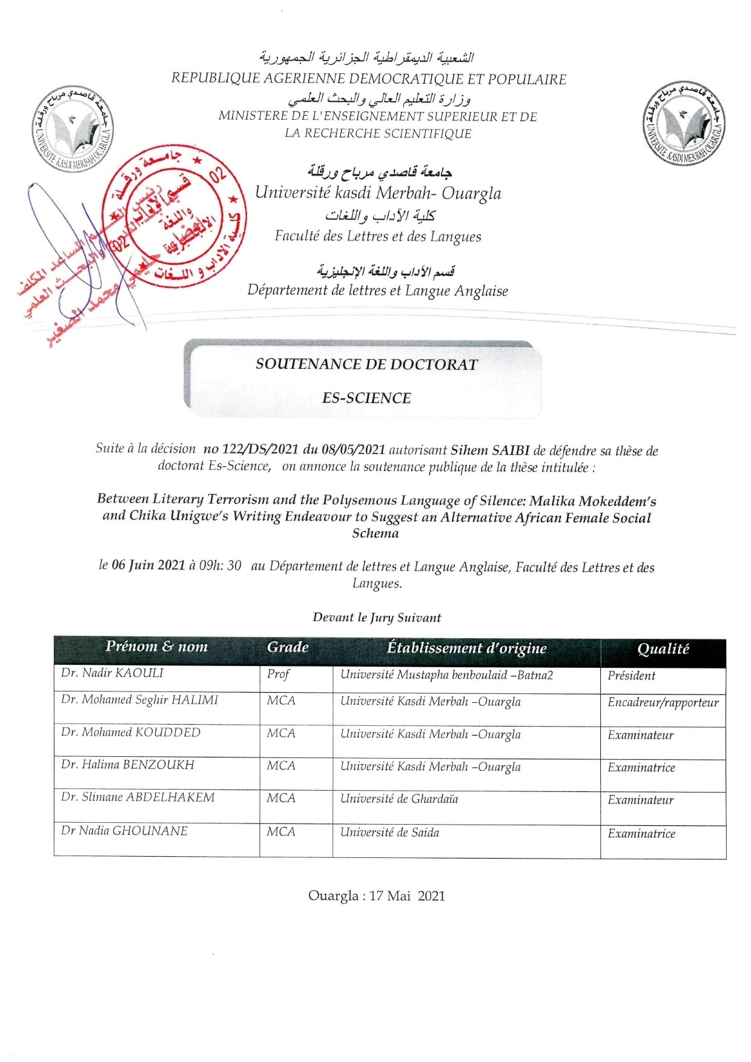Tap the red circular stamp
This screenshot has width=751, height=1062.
click(174, 217)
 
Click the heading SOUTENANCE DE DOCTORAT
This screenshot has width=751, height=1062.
click(366, 364)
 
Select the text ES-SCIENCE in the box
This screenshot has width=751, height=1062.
click(366, 398)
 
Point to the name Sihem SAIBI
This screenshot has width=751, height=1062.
click(490, 450)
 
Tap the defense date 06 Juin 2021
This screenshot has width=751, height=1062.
click(148, 566)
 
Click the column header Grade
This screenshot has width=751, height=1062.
click(288, 647)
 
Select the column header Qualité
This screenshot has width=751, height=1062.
click(663, 649)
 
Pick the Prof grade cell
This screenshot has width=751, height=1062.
click(278, 674)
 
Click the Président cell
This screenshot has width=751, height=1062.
click(631, 676)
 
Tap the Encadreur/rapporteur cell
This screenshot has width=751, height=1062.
click(663, 703)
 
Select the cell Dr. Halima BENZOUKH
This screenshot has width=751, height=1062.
click(127, 765)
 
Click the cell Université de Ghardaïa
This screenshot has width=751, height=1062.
click(399, 799)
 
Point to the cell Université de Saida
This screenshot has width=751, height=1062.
click(389, 833)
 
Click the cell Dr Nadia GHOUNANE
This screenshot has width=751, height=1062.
click(124, 831)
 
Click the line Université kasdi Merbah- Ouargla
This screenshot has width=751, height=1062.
click(378, 193)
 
